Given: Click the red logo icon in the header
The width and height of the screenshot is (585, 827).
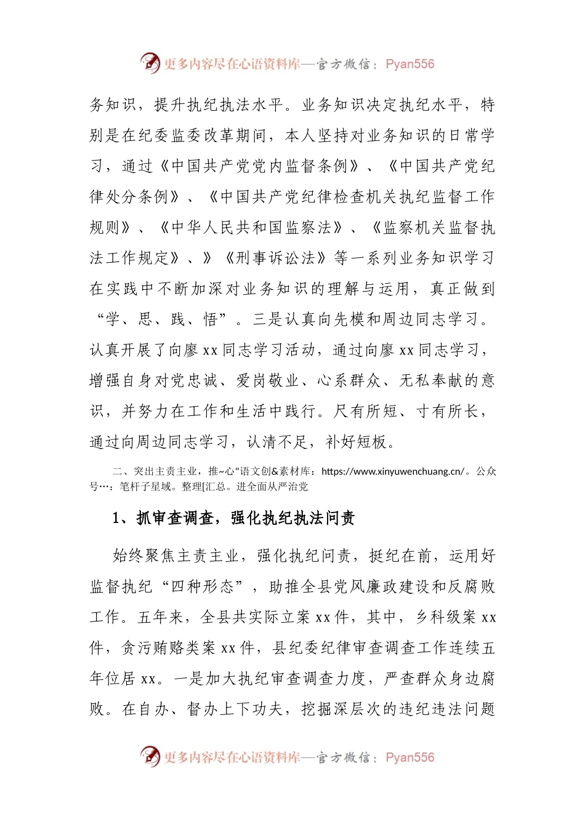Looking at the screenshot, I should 150,63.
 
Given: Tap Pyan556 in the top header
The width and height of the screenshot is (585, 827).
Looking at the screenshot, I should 409,64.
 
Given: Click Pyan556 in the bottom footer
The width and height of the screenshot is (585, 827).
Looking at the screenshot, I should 409,757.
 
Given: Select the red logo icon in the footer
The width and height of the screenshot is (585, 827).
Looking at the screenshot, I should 150,756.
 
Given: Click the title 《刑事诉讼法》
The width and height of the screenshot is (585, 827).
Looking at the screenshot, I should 275,258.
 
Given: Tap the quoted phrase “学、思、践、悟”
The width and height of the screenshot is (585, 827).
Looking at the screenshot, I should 162,319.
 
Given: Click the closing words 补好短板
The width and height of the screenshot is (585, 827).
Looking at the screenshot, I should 357,441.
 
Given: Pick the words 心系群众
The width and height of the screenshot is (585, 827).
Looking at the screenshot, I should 349,380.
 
